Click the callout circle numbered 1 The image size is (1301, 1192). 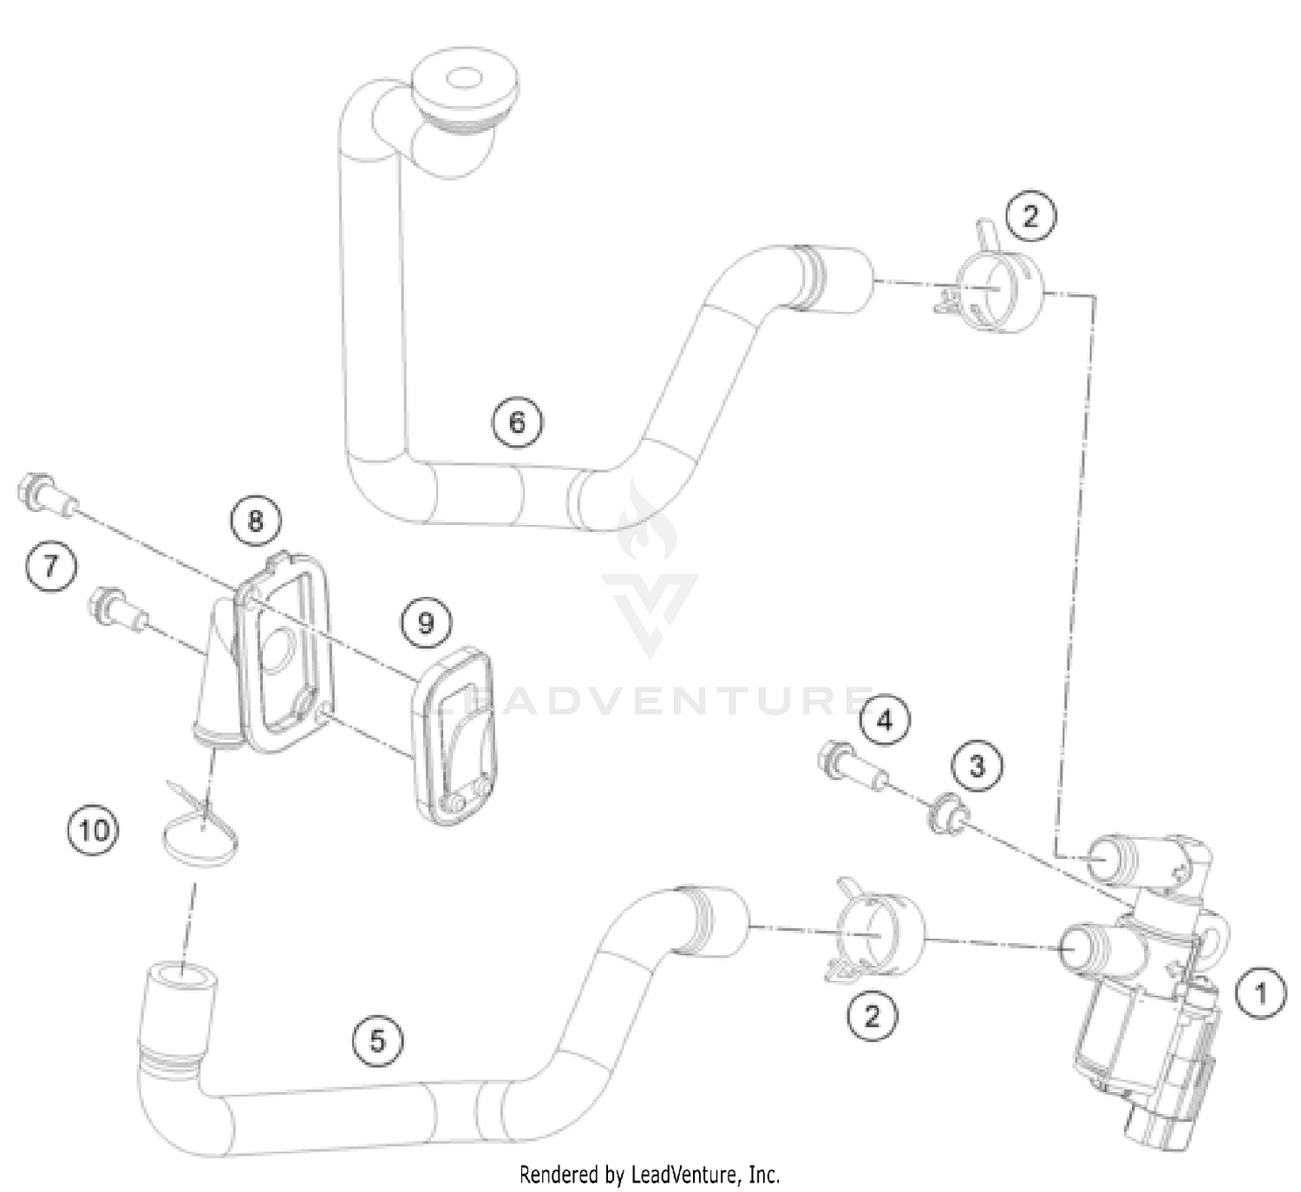click(x=1260, y=992)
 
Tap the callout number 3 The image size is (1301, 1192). click(x=977, y=767)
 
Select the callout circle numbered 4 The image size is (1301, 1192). click(x=885, y=720)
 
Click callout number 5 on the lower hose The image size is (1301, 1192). click(x=378, y=1039)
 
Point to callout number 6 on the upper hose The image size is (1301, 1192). click(x=518, y=422)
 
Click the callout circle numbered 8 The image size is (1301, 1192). click(x=255, y=521)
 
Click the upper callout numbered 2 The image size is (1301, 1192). click(x=1030, y=215)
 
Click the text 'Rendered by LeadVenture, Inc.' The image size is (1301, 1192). click(x=650, y=1175)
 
